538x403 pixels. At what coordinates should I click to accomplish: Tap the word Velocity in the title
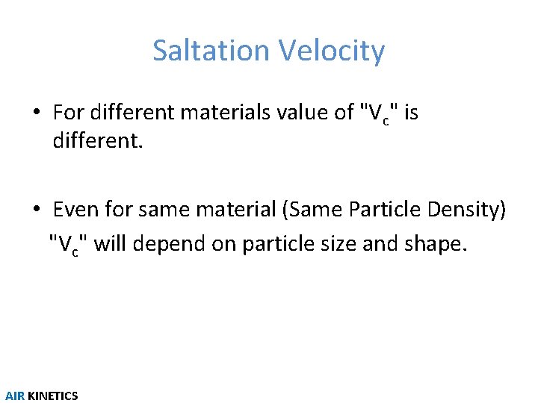click(332, 51)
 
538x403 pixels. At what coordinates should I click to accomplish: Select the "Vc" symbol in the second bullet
click(67, 245)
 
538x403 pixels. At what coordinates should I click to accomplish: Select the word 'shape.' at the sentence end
click(440, 245)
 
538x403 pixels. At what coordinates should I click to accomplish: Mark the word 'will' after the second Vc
click(109, 244)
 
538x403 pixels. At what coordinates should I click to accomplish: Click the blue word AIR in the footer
click(15, 396)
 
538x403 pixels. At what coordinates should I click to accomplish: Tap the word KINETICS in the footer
click(52, 396)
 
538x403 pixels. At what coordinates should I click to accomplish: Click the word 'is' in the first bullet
click(410, 113)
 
